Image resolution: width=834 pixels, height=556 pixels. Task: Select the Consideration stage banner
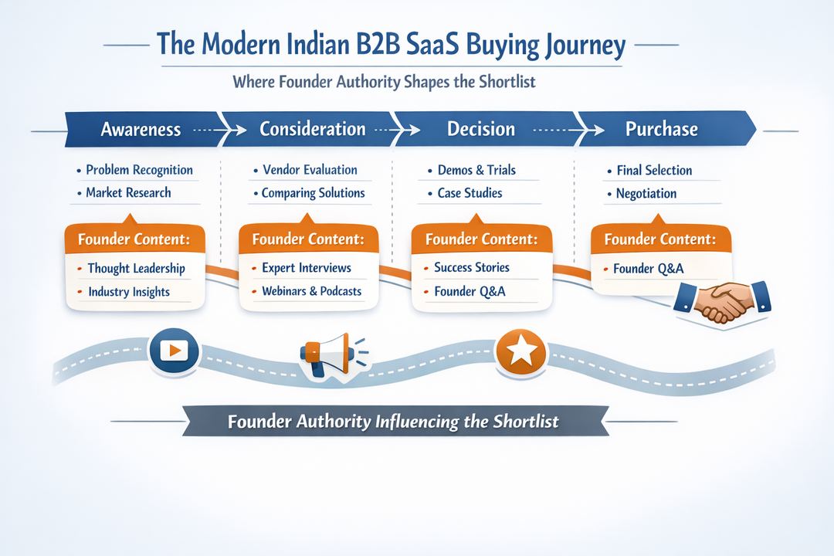coord(312,128)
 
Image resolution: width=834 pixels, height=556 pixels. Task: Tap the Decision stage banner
coord(480,128)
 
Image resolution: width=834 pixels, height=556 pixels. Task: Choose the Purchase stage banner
coord(661,128)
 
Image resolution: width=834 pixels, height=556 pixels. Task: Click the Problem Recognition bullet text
coord(139,170)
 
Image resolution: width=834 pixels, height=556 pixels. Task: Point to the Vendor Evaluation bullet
coord(309,170)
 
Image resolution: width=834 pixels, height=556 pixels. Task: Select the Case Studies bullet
coord(470,193)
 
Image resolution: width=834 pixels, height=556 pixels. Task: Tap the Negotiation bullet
coord(646,194)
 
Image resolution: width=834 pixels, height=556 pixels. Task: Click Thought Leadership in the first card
coord(136,268)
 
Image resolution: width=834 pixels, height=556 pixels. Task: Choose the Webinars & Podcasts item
coord(311,291)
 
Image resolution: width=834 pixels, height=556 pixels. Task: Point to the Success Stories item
coord(471,267)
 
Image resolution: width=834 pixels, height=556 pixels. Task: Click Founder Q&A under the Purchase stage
coord(648,269)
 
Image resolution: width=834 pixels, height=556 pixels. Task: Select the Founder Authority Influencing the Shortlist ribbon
coord(394,422)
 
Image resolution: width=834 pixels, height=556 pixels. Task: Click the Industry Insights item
coord(128,292)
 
